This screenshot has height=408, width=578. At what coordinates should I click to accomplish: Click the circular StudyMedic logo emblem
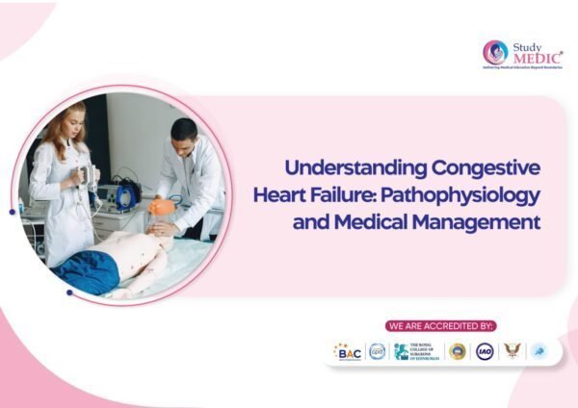pos(495,52)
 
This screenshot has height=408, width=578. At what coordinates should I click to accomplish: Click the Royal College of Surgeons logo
pos(415,352)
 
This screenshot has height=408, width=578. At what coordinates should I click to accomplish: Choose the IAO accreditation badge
pos(485,352)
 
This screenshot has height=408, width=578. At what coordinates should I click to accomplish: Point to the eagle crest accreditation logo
pos(512,352)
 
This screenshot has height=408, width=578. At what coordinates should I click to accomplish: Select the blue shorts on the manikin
pos(86,270)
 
